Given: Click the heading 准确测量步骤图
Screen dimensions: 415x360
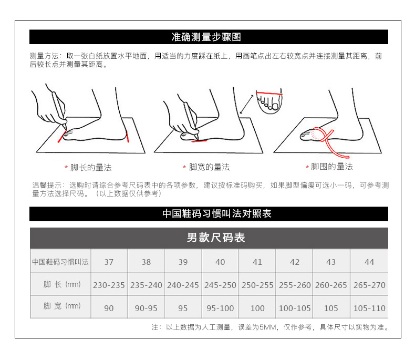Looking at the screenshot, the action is pos(206,37).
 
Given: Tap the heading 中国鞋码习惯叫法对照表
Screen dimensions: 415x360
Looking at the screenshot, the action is pos(217,213).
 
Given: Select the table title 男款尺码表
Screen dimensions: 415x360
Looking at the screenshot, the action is pos(216,238).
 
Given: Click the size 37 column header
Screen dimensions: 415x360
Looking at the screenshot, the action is pos(109,262).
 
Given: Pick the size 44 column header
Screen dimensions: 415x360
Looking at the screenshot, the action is pos(369,262).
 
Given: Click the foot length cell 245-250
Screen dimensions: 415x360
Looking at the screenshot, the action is pos(220,285).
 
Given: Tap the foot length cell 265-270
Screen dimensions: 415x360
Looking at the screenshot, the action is pos(369,285).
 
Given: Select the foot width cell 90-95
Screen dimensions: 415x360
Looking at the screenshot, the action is pos(146,308).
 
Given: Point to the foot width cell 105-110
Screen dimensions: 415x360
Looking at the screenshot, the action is pos(369,308).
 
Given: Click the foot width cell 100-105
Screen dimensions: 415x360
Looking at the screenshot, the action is pos(295,308).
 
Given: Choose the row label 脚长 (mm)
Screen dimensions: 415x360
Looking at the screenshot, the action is pos(62,284).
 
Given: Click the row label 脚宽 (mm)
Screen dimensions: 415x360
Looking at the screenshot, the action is pos(62,306).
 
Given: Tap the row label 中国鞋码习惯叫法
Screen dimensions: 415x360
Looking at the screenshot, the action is pos(60,262).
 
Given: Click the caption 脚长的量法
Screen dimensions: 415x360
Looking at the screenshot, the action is pos(91,168).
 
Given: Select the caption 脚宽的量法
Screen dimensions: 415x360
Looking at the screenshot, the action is pos(209,167).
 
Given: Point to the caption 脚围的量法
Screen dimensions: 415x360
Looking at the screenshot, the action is pos(331,167).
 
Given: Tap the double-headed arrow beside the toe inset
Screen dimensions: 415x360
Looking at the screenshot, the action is pos(246,104).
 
